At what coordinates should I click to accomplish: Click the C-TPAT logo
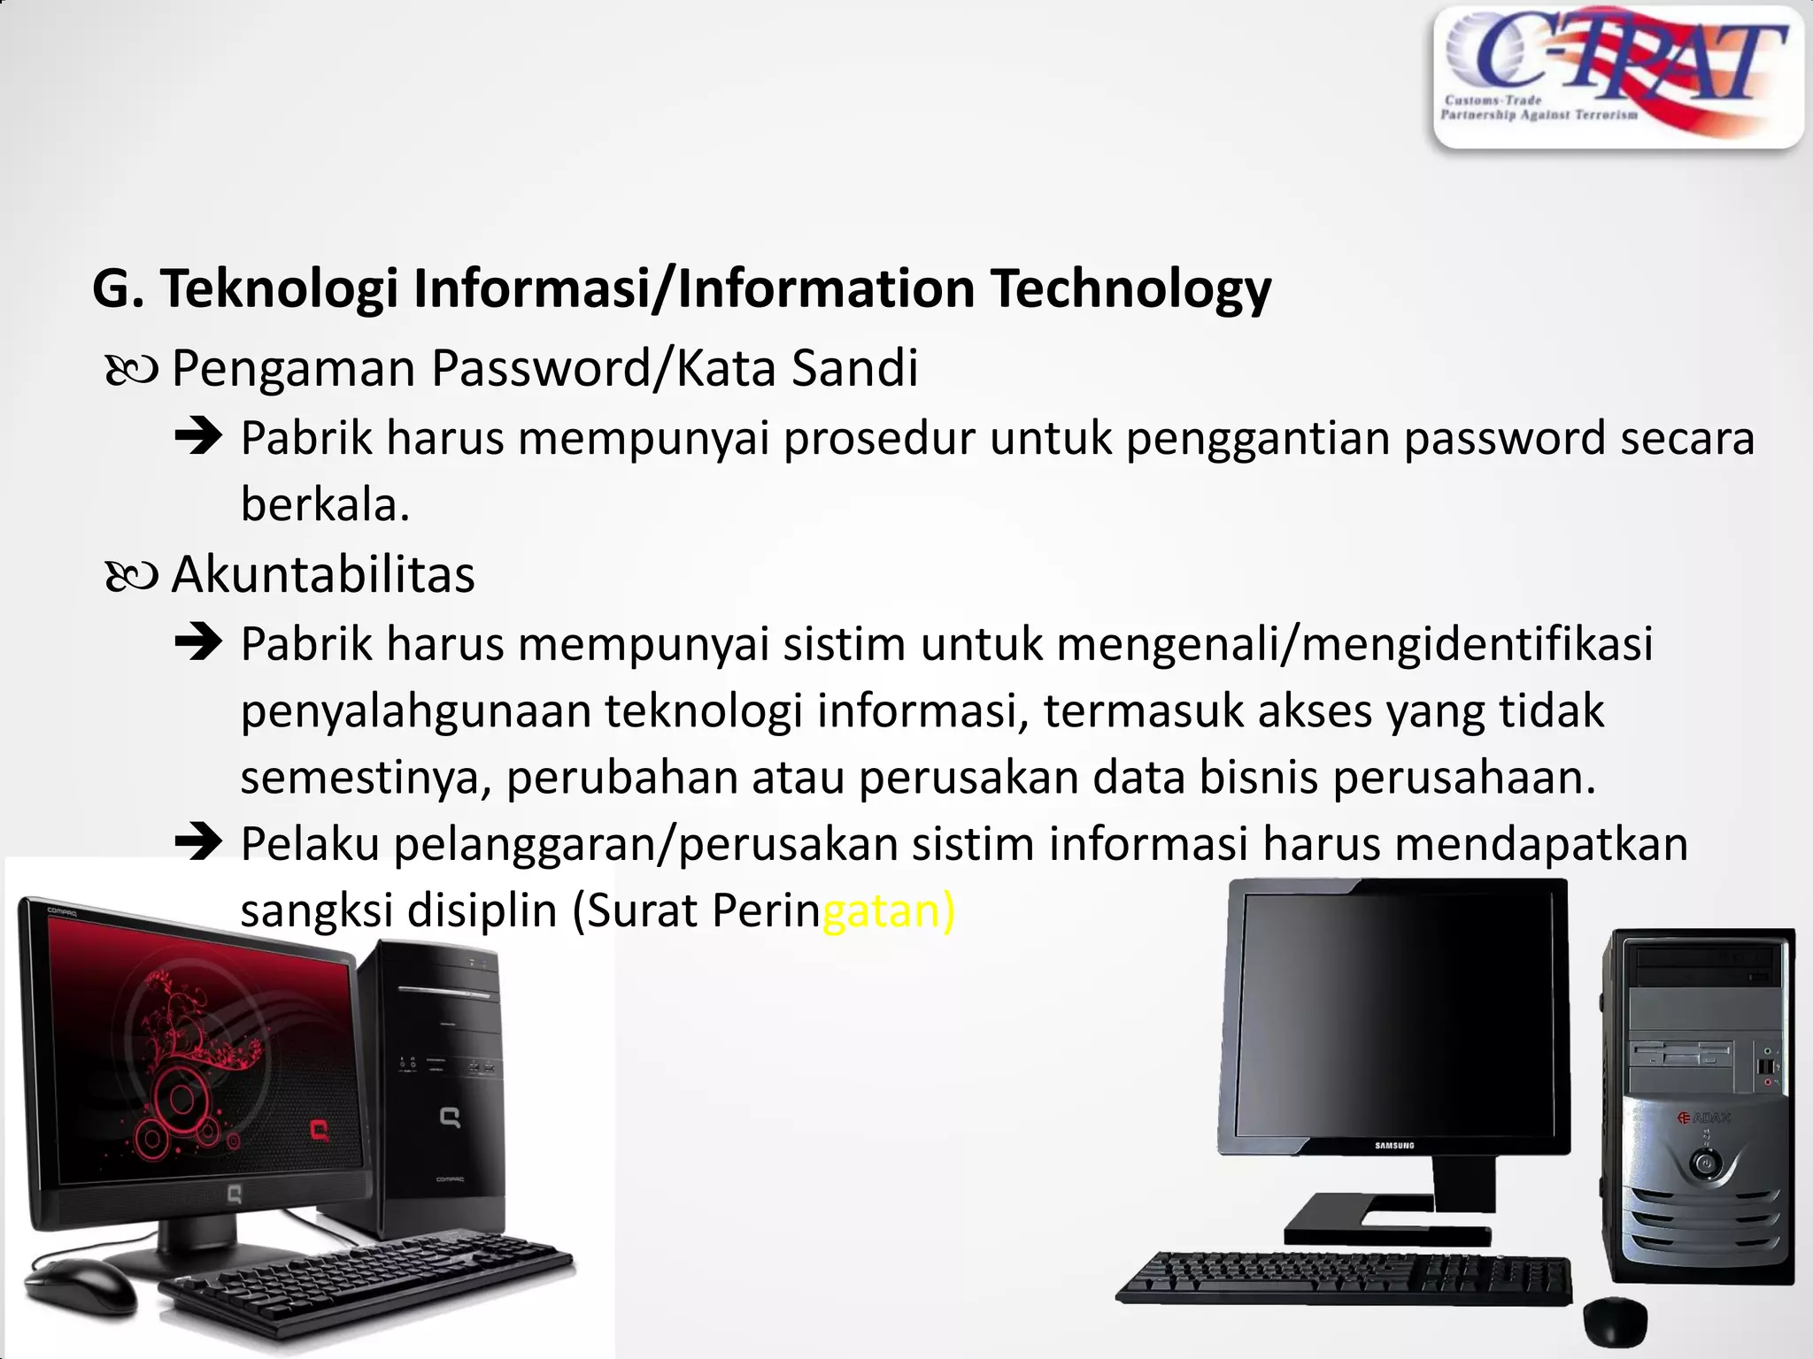click(1617, 76)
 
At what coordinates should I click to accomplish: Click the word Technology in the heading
click(1130, 289)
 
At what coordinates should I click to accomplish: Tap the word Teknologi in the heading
click(279, 289)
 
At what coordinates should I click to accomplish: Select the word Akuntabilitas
click(323, 575)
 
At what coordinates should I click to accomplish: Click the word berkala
click(325, 506)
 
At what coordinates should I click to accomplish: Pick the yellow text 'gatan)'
click(889, 910)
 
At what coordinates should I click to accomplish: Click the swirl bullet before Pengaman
click(131, 371)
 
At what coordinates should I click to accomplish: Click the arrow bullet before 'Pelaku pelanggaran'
click(198, 842)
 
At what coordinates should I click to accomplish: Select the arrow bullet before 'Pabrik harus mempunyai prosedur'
click(198, 437)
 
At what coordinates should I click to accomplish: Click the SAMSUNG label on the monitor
click(1394, 1146)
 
